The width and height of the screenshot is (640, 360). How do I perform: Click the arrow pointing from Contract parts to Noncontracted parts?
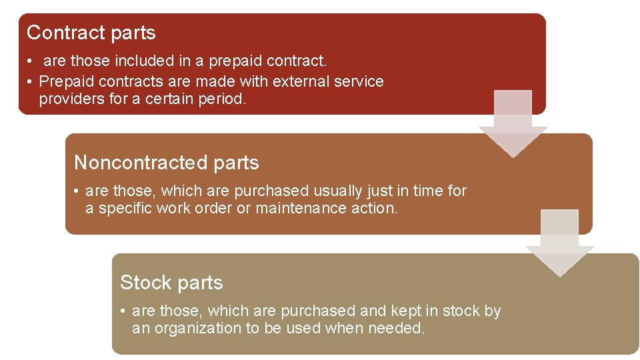(x=513, y=124)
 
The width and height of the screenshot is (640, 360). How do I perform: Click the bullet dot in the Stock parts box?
(x=124, y=311)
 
